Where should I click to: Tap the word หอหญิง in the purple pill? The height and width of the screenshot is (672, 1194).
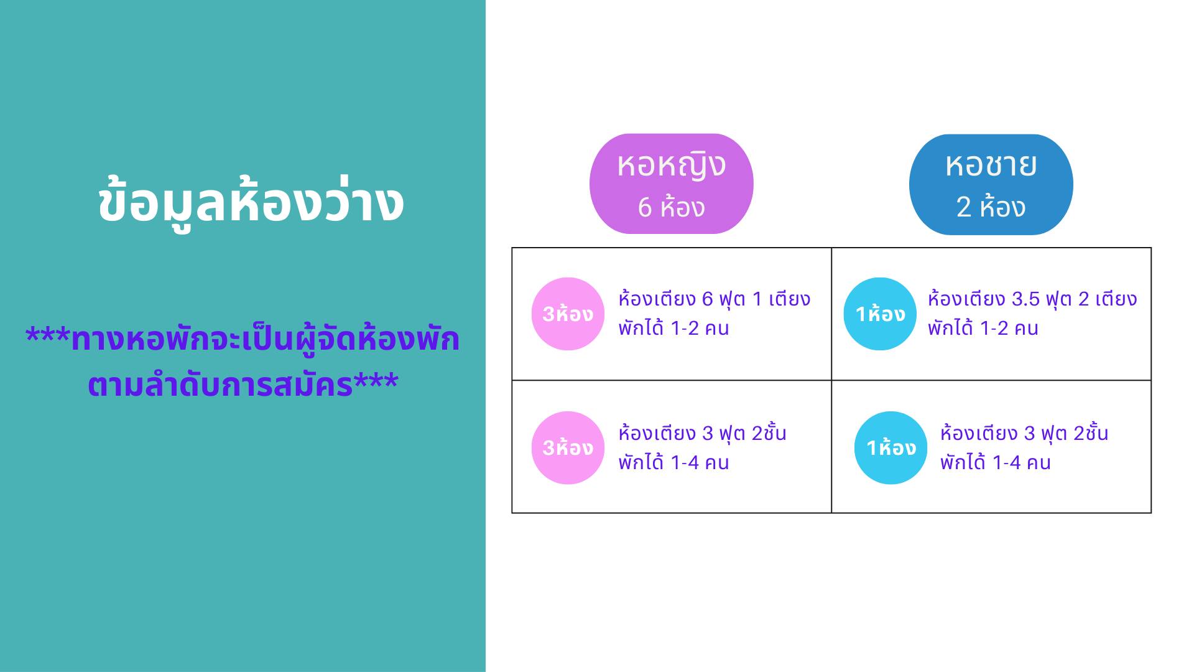click(671, 166)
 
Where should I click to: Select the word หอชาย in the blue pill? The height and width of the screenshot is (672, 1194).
click(991, 165)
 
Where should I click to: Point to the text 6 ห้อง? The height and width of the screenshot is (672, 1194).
click(671, 207)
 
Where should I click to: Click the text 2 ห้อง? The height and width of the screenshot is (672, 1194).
click(991, 207)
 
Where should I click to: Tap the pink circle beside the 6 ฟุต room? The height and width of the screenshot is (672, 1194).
click(568, 314)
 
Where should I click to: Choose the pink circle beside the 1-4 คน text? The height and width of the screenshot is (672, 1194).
click(568, 447)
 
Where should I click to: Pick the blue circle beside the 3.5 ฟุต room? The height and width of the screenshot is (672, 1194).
click(880, 314)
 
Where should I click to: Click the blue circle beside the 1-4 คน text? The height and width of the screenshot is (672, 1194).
click(891, 447)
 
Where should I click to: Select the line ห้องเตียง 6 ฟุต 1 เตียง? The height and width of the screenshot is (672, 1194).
click(714, 299)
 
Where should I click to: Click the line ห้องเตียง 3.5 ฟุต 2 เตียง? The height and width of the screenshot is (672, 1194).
click(1032, 299)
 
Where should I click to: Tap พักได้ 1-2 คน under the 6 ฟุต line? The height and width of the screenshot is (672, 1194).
click(673, 328)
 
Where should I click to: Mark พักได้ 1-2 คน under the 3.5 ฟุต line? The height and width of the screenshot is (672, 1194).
click(983, 328)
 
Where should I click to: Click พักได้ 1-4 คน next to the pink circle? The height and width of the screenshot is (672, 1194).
click(673, 462)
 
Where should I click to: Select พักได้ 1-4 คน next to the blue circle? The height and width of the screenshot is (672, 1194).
click(995, 462)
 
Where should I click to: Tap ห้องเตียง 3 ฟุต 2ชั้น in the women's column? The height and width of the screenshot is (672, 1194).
click(702, 433)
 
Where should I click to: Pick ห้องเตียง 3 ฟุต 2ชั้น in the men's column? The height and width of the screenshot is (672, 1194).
click(1024, 433)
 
